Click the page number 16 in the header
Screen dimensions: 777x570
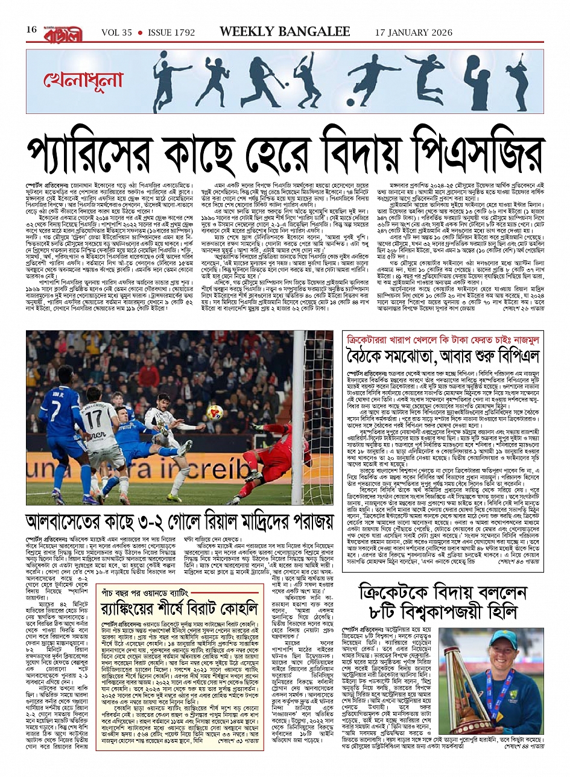(31, 30)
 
